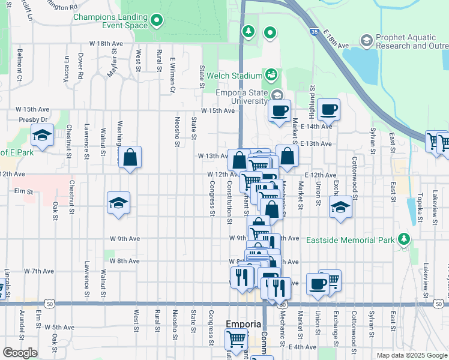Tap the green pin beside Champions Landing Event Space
[157, 21]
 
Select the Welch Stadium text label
[235, 76]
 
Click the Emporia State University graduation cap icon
[277, 95]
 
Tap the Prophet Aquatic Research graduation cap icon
[366, 41]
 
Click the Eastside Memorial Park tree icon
[405, 240]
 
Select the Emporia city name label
[243, 324]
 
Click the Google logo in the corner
[20, 352]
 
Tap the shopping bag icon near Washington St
[130, 158]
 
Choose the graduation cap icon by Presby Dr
[42, 136]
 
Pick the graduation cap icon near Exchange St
[341, 207]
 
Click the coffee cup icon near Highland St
[328, 110]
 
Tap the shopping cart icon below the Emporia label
[235, 339]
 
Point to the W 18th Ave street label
[106, 44]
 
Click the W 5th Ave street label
[60, 327]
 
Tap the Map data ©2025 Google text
[411, 355]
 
